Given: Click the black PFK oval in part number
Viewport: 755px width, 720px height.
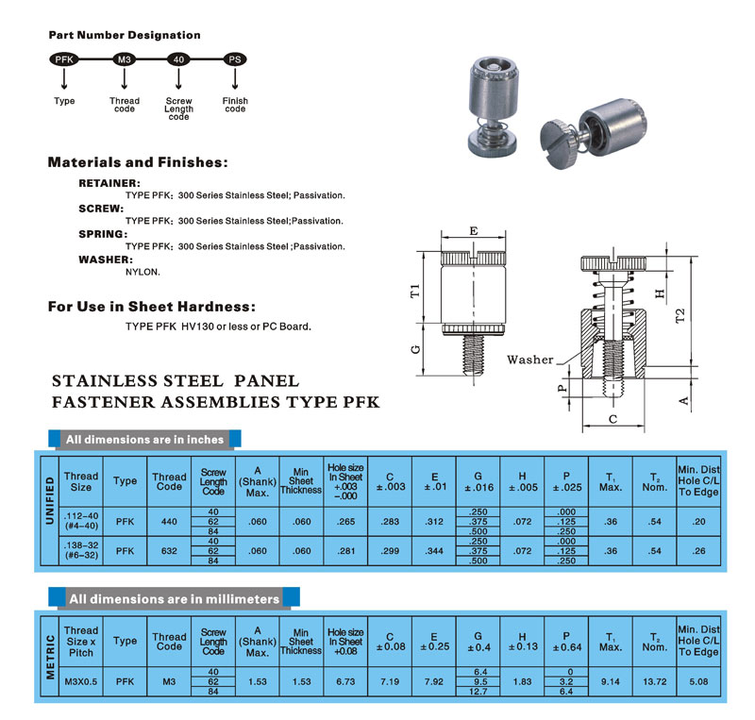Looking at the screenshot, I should pos(65,59).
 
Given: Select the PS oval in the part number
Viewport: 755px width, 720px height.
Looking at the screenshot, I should pos(235,59).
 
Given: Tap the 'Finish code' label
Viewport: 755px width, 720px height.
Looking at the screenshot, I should pos(235,105).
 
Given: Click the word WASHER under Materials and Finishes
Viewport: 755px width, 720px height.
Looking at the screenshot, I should pos(106,259).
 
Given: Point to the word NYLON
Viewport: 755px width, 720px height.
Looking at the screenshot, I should pos(143,272).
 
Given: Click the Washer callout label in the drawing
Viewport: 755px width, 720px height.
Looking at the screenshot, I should pos(530,360).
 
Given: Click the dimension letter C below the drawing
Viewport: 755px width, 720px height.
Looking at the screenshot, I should pos(612,418).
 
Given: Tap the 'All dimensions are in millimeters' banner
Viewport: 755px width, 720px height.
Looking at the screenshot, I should pos(174,598).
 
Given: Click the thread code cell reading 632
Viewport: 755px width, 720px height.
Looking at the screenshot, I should pos(169,550).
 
